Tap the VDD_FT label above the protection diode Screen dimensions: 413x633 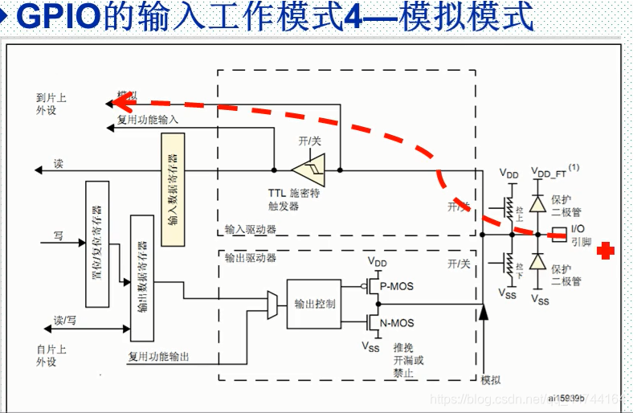[550, 172]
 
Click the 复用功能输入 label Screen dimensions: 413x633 [148, 119]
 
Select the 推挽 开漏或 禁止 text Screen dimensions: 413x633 [408, 360]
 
